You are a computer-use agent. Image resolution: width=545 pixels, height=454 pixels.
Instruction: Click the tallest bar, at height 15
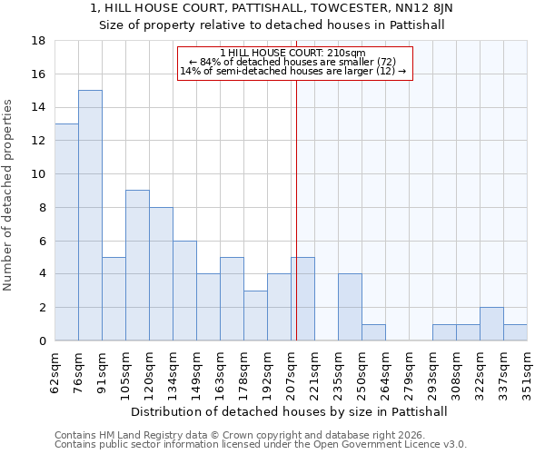click(x=90, y=215)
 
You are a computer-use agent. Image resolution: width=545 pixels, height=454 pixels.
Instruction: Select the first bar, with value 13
click(x=66, y=232)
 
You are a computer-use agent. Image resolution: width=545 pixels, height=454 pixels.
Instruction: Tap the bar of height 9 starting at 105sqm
click(x=137, y=265)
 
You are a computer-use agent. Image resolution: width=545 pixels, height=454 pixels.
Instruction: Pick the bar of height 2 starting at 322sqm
click(x=491, y=324)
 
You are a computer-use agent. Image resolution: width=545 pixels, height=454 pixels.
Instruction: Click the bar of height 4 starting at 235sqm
click(x=350, y=307)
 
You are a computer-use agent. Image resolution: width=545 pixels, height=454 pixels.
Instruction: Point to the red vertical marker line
click(x=296, y=209)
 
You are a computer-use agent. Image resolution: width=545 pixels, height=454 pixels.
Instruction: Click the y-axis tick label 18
click(x=39, y=41)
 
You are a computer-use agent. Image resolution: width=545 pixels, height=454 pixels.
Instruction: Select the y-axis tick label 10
click(x=39, y=174)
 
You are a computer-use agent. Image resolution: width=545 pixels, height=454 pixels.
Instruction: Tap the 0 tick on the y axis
click(x=43, y=341)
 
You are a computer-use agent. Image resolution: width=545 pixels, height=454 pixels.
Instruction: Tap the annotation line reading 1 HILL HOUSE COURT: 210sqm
click(x=292, y=53)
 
